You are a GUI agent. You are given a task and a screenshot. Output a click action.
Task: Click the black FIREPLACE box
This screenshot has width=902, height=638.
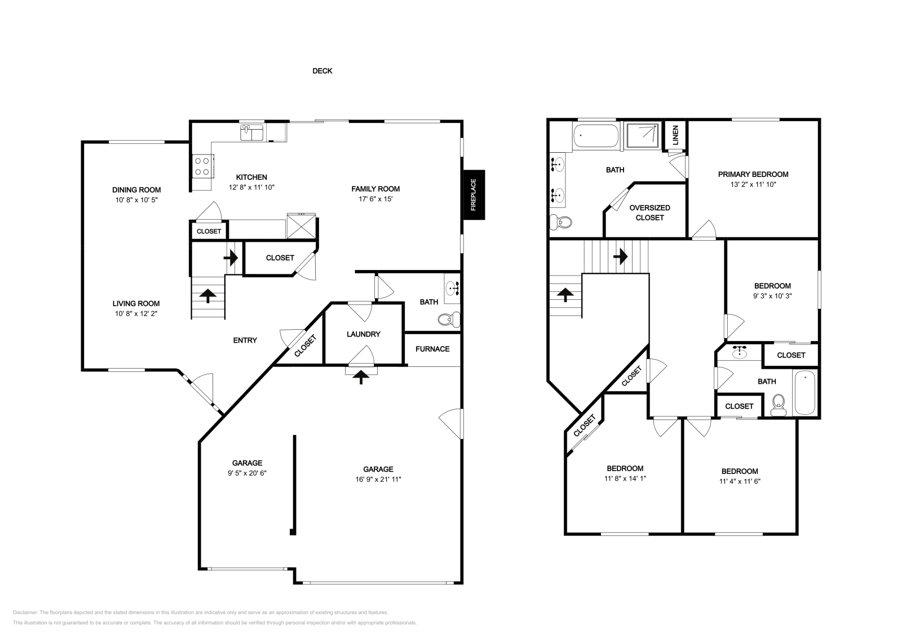point(474,195)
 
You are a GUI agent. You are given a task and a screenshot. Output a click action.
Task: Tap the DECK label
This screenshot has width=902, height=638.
point(322,71)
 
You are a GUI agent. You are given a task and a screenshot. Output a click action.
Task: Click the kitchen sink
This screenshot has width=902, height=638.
point(251,132)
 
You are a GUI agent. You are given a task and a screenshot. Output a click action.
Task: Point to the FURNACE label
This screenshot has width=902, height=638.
point(432,349)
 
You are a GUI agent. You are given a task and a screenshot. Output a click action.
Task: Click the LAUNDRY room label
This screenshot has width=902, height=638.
point(364,334)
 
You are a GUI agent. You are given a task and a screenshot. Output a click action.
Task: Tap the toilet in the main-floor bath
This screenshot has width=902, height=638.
point(449,320)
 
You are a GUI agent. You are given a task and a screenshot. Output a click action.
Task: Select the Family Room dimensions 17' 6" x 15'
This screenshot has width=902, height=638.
point(375,199)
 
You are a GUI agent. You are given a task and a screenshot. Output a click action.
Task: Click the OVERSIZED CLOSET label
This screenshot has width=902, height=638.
point(650,212)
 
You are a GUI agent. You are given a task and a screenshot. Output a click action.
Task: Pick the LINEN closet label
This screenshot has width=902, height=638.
point(676,135)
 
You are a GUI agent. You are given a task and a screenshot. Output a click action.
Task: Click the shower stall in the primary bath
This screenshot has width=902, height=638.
point(642,136)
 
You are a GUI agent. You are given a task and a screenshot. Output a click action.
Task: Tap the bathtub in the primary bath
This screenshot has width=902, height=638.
point(595,136)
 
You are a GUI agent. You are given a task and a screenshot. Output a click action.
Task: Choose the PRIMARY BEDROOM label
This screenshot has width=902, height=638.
point(753,174)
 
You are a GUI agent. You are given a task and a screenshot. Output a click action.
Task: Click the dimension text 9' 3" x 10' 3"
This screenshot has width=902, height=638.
point(772,296)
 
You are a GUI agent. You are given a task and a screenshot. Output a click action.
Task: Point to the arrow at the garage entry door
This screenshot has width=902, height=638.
point(361,378)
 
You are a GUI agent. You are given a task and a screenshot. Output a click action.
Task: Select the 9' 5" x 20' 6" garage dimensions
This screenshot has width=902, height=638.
point(247,473)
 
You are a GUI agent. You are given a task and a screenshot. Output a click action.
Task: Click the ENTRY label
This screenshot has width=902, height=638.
point(245,340)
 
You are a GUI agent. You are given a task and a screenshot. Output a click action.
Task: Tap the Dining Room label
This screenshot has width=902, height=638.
point(136,190)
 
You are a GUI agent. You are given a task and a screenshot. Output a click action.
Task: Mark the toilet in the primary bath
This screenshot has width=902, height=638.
point(561,222)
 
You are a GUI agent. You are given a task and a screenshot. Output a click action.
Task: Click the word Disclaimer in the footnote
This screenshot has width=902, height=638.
point(25,613)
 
